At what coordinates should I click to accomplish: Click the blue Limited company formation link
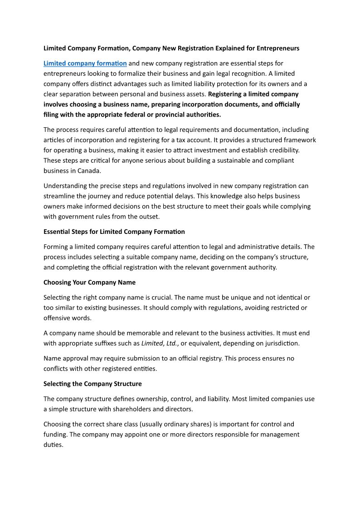pos(85,63)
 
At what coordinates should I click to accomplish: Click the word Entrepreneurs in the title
pos(278,48)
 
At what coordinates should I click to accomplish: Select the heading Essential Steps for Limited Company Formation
pos(114,232)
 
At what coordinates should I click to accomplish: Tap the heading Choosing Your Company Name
pos(89,282)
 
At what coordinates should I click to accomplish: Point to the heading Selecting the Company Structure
pos(92,384)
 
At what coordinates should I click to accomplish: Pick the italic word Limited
pos(151,343)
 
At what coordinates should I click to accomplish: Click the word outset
pos(149,216)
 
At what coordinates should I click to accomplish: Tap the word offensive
pos(58,318)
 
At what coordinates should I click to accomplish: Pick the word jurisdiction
pos(282,343)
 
